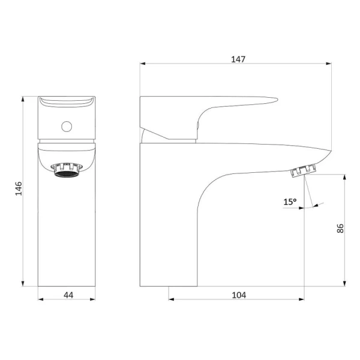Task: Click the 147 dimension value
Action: tap(238, 59)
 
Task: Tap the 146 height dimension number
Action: tap(19, 188)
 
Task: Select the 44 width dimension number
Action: tap(68, 295)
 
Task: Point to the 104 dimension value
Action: tap(239, 295)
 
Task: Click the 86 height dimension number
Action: tap(340, 229)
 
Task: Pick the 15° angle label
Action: tap(290, 202)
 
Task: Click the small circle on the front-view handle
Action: tap(67, 127)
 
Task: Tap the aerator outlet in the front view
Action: tap(67, 170)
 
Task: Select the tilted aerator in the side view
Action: tap(303, 171)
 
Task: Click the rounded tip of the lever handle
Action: tap(277, 100)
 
